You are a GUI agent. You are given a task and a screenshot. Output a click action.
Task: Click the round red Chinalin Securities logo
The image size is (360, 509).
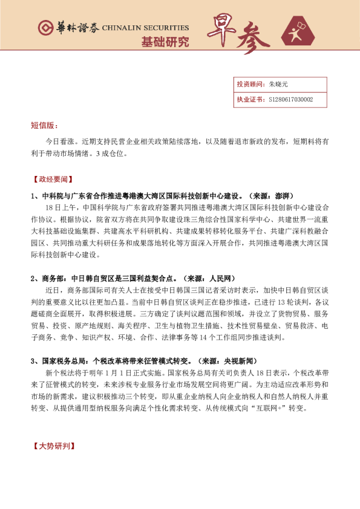click(x=45, y=28)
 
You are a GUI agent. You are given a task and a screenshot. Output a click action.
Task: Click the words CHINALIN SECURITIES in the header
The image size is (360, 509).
click(x=145, y=28)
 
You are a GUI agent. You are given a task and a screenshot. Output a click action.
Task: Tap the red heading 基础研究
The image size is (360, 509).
click(x=165, y=42)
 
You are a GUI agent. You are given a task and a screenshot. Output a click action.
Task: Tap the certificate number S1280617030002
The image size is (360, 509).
click(x=291, y=99)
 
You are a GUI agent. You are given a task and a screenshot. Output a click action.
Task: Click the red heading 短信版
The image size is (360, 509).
click(x=44, y=126)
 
